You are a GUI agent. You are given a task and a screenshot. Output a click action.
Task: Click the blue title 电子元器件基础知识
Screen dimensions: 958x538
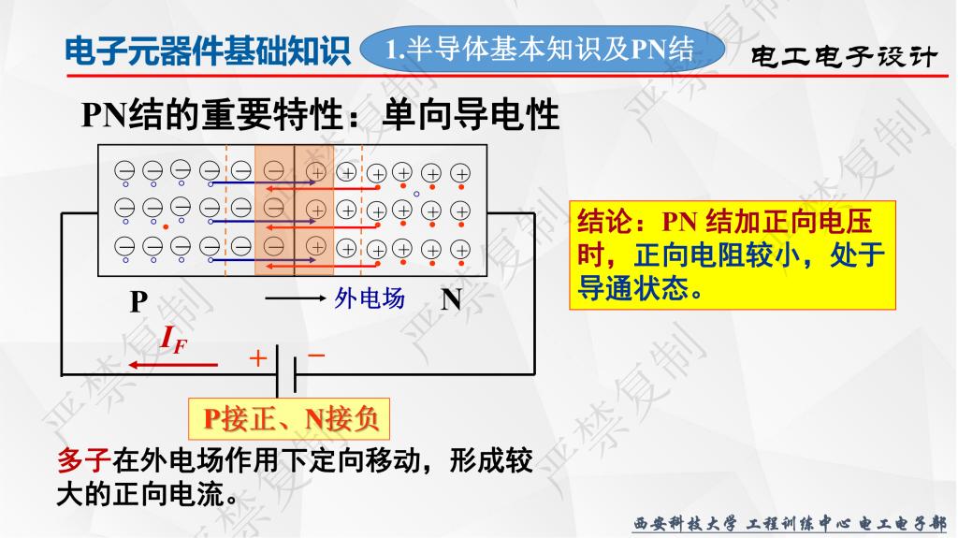pyautogui.click(x=208, y=51)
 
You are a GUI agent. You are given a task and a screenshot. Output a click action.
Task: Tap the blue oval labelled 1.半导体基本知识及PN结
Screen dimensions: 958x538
pyautogui.click(x=542, y=49)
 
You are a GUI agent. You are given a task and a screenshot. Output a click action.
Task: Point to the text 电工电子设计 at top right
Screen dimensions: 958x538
pyautogui.click(x=843, y=57)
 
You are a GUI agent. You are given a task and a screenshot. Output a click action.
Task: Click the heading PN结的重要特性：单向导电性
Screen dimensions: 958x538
pyautogui.click(x=320, y=114)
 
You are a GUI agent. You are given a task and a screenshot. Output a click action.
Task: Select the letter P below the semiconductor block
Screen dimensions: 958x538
pyautogui.click(x=138, y=301)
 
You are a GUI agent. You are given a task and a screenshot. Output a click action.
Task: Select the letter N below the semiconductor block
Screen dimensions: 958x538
pyautogui.click(x=452, y=299)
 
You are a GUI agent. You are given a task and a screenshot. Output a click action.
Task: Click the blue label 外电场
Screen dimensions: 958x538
pyautogui.click(x=369, y=298)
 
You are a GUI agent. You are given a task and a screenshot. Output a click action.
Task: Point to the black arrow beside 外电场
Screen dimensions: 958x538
pyautogui.click(x=296, y=298)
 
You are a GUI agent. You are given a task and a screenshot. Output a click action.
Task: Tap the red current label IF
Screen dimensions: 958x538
pyautogui.click(x=173, y=341)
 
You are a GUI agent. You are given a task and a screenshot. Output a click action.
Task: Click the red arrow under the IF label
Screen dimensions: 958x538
pyautogui.click(x=173, y=365)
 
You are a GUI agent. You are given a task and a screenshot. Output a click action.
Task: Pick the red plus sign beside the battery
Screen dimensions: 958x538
pyautogui.click(x=258, y=358)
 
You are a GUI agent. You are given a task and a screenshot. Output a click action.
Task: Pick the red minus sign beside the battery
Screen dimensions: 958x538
pyautogui.click(x=316, y=355)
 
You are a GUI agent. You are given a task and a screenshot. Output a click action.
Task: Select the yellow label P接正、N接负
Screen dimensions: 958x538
pyautogui.click(x=288, y=419)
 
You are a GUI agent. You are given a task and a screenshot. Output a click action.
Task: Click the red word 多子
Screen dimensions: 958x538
pyautogui.click(x=83, y=460)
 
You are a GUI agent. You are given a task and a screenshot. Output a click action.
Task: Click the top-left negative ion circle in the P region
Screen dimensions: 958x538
pyautogui.click(x=124, y=170)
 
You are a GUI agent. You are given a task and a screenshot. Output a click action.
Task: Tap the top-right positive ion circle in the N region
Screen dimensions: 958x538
pyautogui.click(x=460, y=174)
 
